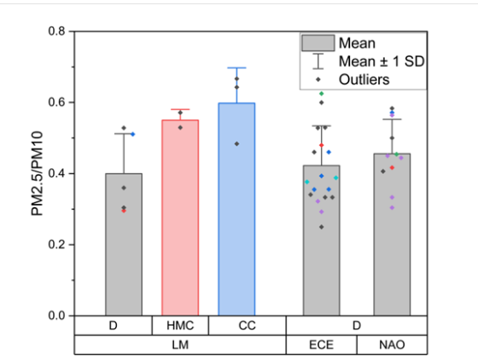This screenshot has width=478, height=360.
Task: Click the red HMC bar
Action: [x=180, y=218]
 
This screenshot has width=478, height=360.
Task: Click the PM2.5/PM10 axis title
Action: [x=38, y=173]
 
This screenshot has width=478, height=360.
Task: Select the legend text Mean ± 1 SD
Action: [x=376, y=61]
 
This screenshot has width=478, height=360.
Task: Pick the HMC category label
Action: [x=180, y=326]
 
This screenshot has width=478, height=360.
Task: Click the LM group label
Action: [x=180, y=345]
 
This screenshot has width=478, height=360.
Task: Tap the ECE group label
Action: [x=321, y=345]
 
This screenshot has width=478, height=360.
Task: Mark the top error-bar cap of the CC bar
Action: [x=236, y=67]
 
